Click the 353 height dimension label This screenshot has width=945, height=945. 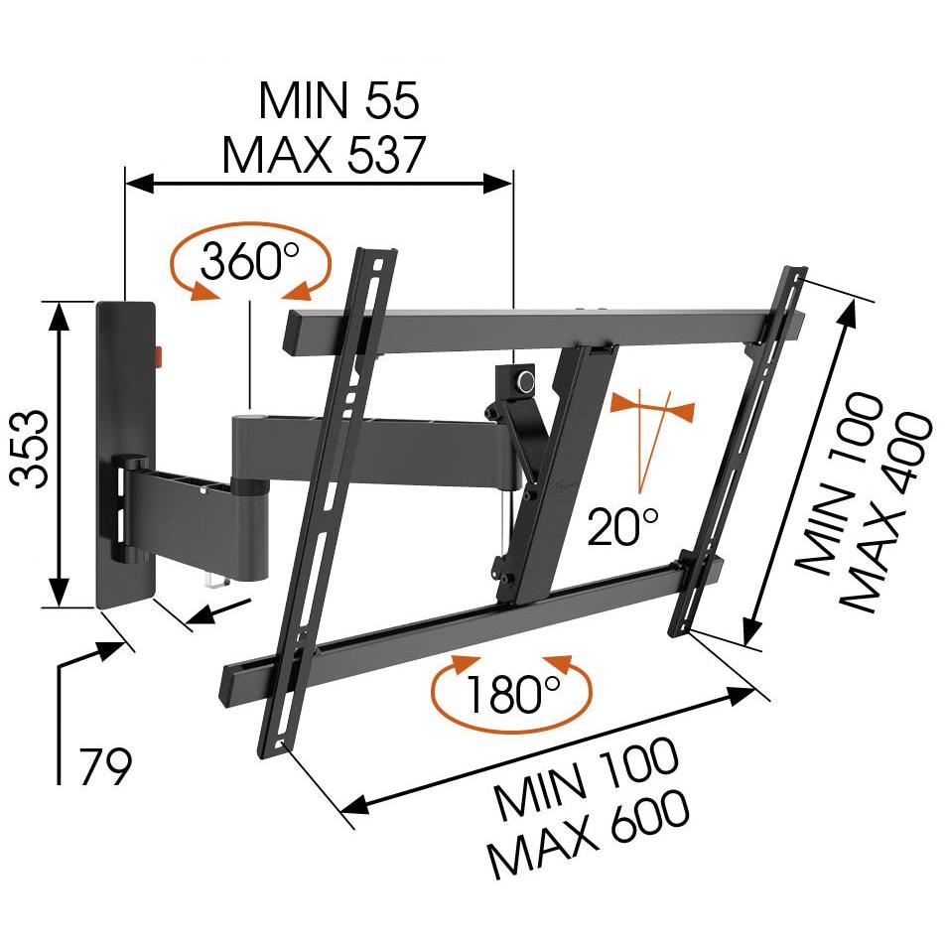click(30, 449)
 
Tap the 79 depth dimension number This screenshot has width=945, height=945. click(105, 766)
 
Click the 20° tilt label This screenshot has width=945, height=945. click(622, 526)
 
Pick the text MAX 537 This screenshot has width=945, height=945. click(325, 155)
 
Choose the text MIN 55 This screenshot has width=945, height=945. click(338, 99)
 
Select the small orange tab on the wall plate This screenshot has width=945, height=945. click(161, 356)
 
